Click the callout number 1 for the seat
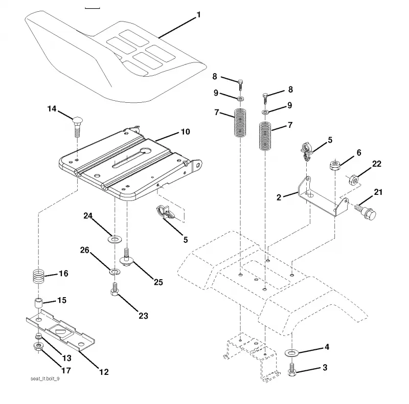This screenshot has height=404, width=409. (199, 15)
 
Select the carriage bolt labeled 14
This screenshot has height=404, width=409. (77, 127)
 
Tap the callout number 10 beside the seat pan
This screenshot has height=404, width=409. (186, 132)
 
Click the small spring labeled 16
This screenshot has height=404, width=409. (39, 276)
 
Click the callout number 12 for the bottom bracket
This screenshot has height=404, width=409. (104, 372)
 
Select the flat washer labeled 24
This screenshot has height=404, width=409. (115, 239)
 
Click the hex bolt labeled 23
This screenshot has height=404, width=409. (115, 289)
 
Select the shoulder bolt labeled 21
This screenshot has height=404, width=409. (366, 212)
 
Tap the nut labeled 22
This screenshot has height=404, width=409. (354, 180)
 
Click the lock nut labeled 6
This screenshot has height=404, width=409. (335, 166)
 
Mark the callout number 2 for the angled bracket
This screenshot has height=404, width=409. (279, 197)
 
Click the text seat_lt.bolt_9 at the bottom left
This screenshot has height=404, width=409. (45, 378)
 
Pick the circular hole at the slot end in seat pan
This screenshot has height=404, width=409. (146, 150)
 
